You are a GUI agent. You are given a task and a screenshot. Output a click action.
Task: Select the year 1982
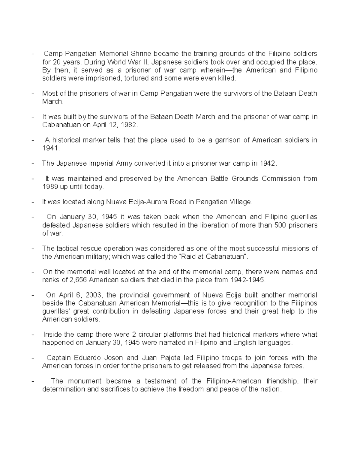click(x=129, y=125)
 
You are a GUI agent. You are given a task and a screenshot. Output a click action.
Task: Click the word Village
click(x=240, y=202)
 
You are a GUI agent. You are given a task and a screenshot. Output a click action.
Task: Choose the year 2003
click(x=93, y=295)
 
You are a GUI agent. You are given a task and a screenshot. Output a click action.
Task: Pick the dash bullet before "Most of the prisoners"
click(x=33, y=94)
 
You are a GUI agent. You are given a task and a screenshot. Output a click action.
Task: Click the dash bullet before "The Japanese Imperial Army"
click(x=33, y=164)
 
